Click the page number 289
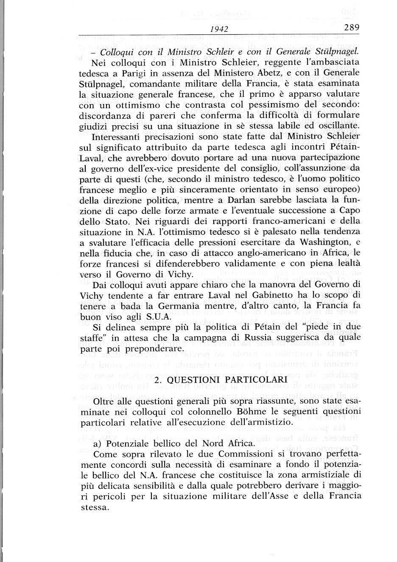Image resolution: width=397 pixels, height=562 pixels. coord(352,28)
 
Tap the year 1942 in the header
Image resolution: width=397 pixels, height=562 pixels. coord(220,29)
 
